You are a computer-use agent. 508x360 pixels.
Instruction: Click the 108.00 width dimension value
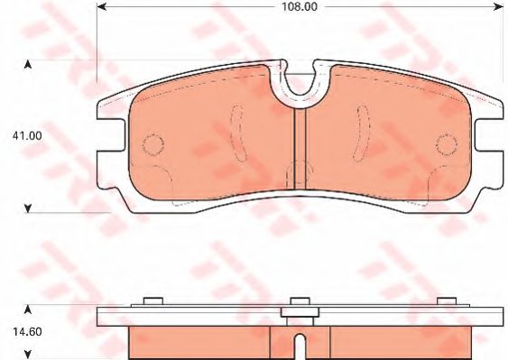300,7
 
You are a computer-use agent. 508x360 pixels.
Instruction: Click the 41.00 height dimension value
27,135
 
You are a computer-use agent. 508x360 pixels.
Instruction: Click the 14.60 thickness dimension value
27,331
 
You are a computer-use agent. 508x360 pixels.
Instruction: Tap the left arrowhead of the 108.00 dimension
101,6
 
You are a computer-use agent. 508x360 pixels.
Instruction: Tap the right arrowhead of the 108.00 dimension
499,6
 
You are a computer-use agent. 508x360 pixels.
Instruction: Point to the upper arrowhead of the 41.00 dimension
28,65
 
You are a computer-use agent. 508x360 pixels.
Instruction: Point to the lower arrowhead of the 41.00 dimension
28,208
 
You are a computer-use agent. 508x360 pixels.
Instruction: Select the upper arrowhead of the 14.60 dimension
28,309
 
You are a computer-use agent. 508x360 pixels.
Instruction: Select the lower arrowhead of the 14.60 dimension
28,355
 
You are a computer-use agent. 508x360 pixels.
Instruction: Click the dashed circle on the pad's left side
153,143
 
